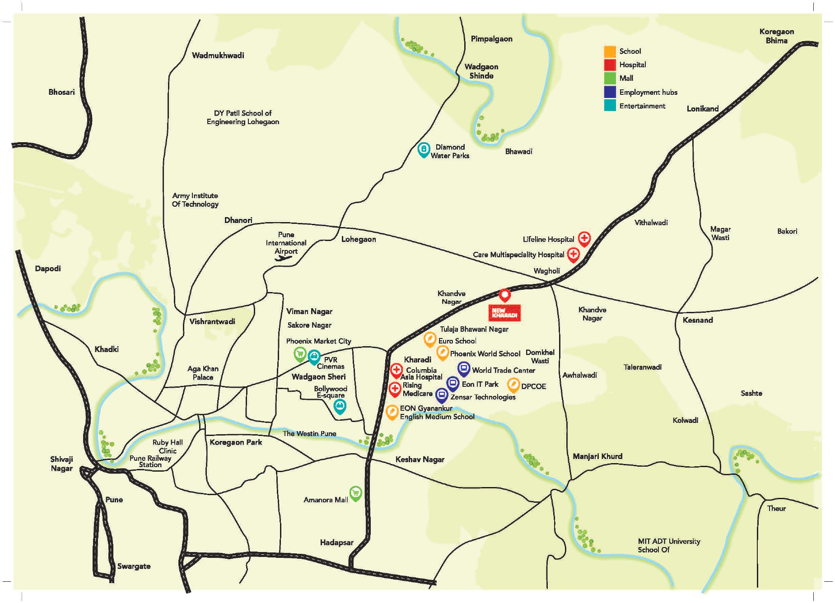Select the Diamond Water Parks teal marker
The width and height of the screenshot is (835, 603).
(x=423, y=149)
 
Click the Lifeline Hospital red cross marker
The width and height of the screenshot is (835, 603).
(x=584, y=238)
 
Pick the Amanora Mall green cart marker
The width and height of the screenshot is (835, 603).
(x=356, y=493)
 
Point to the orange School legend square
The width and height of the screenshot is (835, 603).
(x=610, y=51)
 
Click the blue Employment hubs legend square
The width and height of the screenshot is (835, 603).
(x=610, y=92)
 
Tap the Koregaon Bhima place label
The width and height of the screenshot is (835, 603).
(x=776, y=36)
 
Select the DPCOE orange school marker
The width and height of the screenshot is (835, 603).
(x=513, y=385)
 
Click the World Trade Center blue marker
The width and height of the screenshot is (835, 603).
(x=464, y=368)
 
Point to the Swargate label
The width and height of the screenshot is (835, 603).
(x=134, y=566)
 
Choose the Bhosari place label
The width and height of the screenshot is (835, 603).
(x=61, y=92)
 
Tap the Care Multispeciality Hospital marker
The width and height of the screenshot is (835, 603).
(x=573, y=255)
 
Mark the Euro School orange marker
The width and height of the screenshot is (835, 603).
(x=429, y=339)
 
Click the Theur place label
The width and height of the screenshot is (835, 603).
(x=776, y=509)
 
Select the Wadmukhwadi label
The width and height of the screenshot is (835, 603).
(x=218, y=56)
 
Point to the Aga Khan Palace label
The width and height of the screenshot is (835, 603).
(x=203, y=373)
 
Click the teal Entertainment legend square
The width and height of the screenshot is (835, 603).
(x=610, y=106)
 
